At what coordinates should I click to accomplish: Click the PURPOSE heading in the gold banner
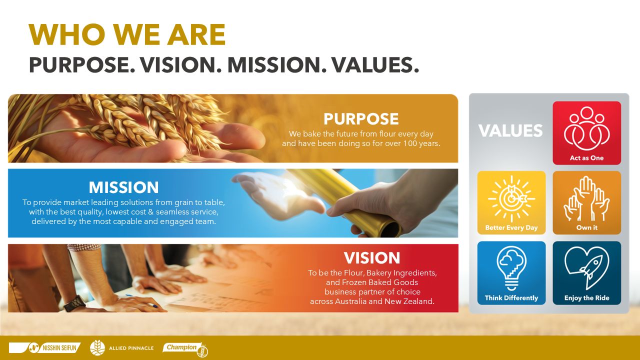click(361, 119)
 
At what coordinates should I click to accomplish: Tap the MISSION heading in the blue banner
click(123, 187)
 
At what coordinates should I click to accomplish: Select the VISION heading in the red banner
click(372, 258)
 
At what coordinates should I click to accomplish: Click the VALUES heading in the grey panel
click(510, 130)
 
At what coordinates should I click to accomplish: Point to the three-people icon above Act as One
click(586, 128)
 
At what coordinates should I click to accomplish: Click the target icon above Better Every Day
click(511, 198)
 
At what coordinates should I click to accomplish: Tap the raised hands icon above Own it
click(586, 198)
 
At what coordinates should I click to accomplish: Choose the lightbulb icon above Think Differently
click(511, 268)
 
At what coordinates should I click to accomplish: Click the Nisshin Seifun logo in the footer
click(45, 348)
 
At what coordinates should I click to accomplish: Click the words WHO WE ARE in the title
click(127, 35)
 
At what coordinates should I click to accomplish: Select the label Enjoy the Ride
click(586, 298)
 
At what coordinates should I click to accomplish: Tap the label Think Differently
click(511, 298)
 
